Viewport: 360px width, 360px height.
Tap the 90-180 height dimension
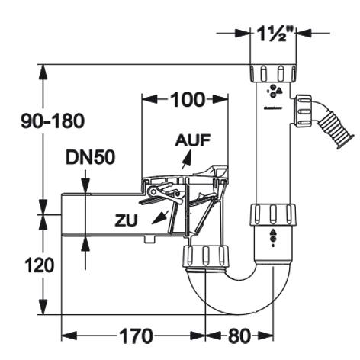53,121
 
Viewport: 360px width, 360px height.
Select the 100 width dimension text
188,100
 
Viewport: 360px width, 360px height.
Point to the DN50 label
90,157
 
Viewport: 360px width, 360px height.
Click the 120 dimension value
40,265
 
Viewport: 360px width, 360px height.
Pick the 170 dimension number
137,336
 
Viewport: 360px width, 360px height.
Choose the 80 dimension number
239,336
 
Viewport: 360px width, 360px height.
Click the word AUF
193,140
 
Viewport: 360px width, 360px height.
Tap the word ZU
126,220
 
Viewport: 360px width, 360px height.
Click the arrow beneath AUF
186,159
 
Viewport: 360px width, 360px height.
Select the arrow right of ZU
160,217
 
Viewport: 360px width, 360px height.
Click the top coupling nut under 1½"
273,73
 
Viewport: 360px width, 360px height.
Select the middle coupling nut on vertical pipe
273,214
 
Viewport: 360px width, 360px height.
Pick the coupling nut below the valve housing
205,256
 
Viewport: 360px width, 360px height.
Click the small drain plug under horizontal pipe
149,239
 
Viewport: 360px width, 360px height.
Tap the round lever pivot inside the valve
153,191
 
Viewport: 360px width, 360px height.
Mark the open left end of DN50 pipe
62,215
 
